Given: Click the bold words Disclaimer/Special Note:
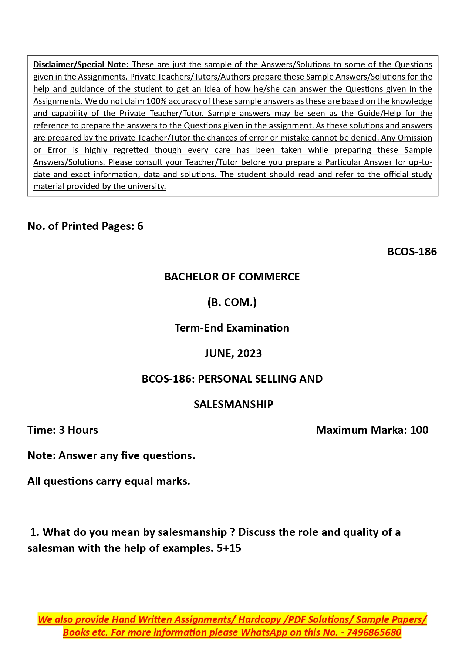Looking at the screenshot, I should pos(81,64).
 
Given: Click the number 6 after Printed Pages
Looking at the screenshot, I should pos(140,226).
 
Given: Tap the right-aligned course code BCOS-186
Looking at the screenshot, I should pos(412,252).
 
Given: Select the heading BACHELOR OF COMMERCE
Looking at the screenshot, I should pos(232,277).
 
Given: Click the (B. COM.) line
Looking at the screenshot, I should pos(232,302).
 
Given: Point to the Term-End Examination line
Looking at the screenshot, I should pos(232,328).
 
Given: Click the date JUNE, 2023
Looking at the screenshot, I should pos(233,353).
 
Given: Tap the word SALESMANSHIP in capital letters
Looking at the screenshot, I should pos(233,404).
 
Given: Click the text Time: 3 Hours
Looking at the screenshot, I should pos(63,430).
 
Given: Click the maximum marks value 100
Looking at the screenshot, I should pos(419,430).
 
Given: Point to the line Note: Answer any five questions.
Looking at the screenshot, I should pos(111,455).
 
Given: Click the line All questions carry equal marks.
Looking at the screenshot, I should pos(109,481).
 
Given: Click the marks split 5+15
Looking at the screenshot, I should pos(229,548).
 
